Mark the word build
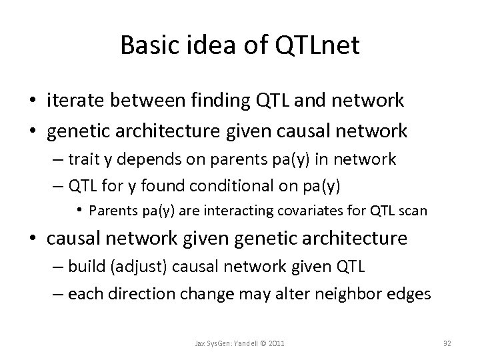87,268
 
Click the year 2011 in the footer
275,344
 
